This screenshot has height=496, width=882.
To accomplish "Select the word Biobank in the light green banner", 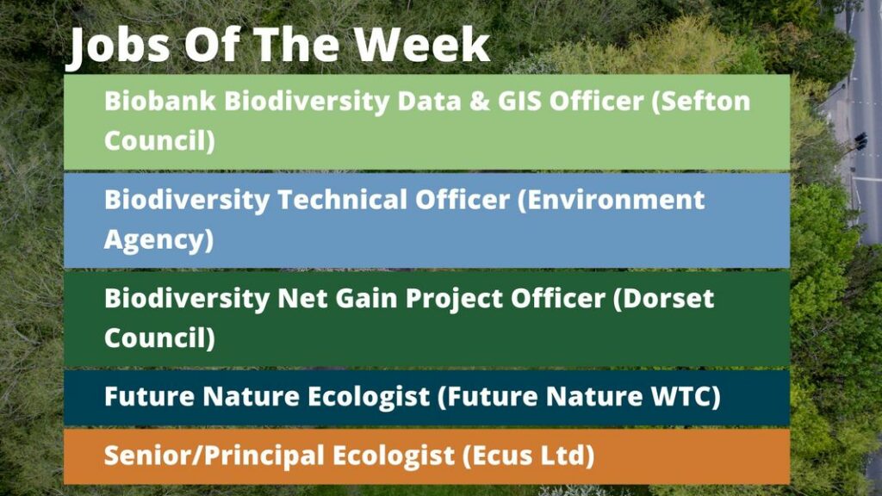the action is coord(159,102).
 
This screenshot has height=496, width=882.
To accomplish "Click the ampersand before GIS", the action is coord(480,102).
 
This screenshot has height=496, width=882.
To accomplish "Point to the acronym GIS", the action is coord(519,102).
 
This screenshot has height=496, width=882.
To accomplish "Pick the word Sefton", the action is coord(701,102).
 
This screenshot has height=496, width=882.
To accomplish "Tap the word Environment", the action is coord(612,200).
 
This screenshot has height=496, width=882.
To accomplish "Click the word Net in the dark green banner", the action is coord(302,299).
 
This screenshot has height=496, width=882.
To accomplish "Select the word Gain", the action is coord(367,299).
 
